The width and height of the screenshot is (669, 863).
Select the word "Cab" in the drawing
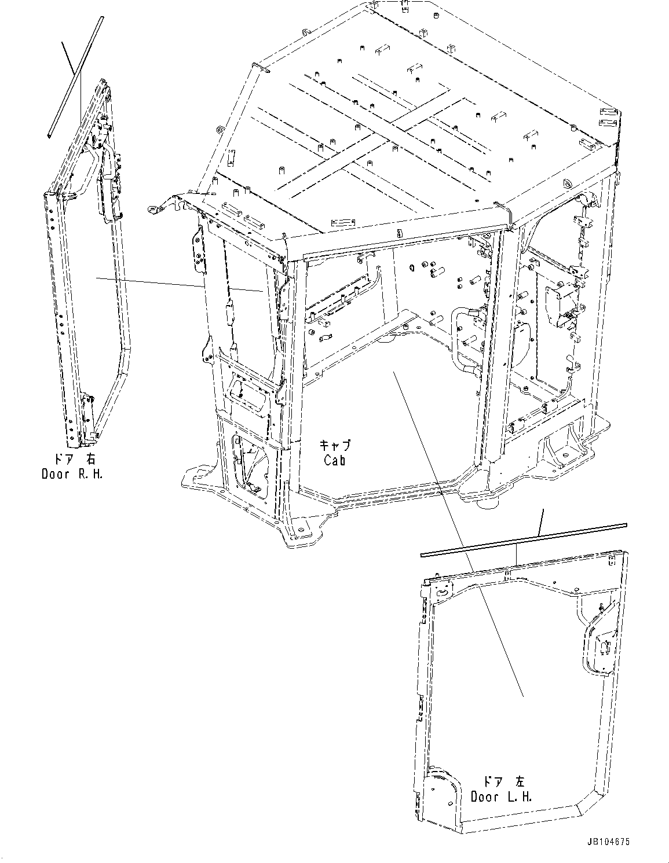(335, 461)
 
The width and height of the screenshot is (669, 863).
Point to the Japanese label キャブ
(335, 446)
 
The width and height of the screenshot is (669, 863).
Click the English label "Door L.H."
(501, 797)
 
